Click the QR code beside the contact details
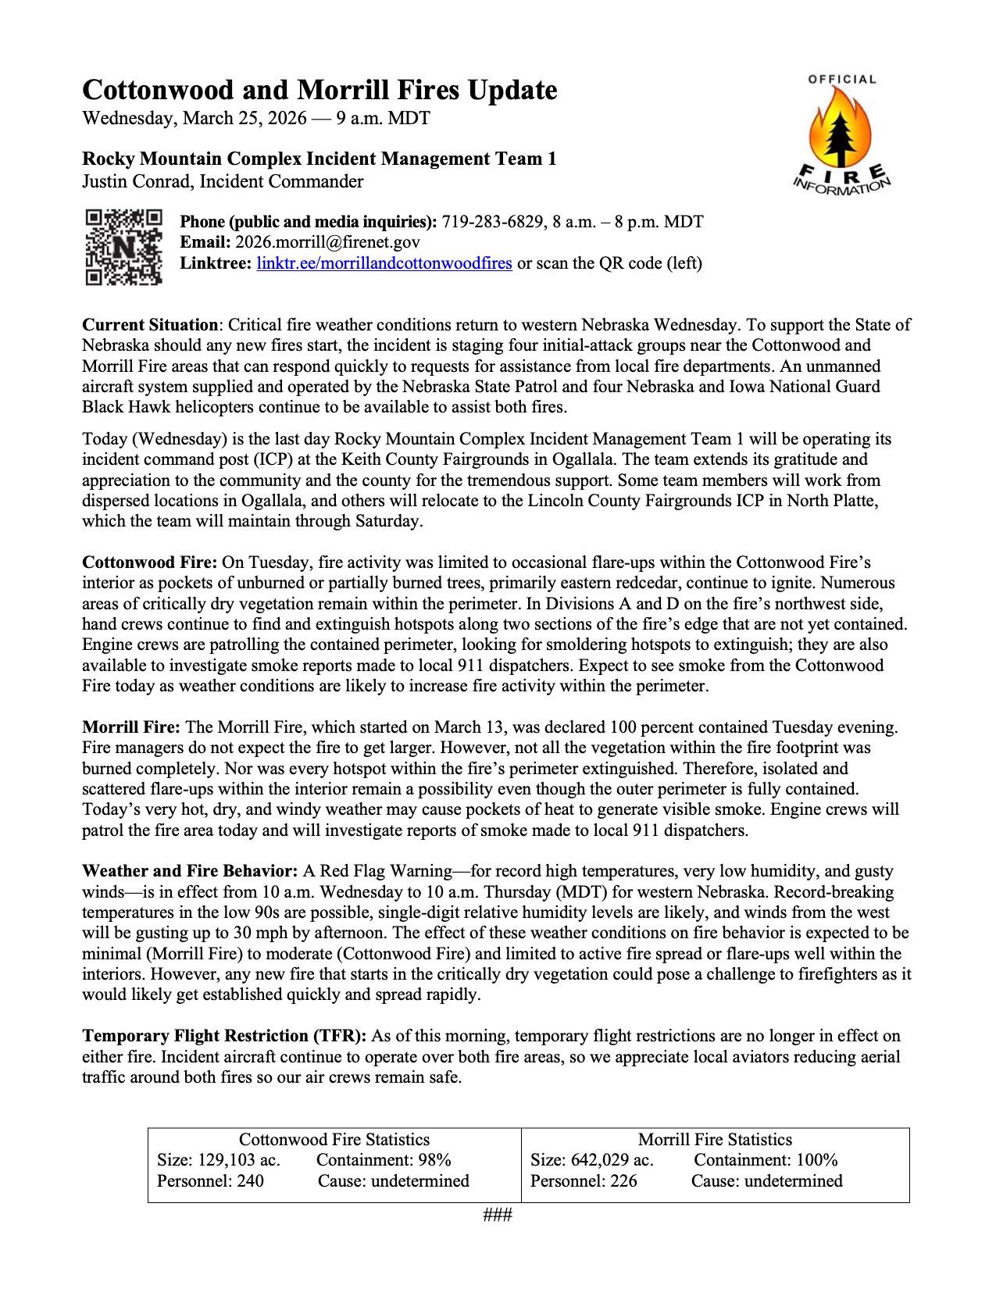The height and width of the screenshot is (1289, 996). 123,246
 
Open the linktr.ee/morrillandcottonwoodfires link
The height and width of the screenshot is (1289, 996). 384,263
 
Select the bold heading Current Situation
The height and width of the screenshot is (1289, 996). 150,325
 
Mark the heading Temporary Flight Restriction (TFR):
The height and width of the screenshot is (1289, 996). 224,1037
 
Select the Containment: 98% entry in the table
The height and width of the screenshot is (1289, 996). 384,1160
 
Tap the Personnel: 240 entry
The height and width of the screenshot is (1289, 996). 210,1180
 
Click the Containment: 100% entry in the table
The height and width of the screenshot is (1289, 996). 766,1160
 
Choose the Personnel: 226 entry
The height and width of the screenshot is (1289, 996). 584,1180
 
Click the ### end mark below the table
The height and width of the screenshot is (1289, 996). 498,1216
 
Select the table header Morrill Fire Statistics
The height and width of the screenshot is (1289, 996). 715,1140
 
